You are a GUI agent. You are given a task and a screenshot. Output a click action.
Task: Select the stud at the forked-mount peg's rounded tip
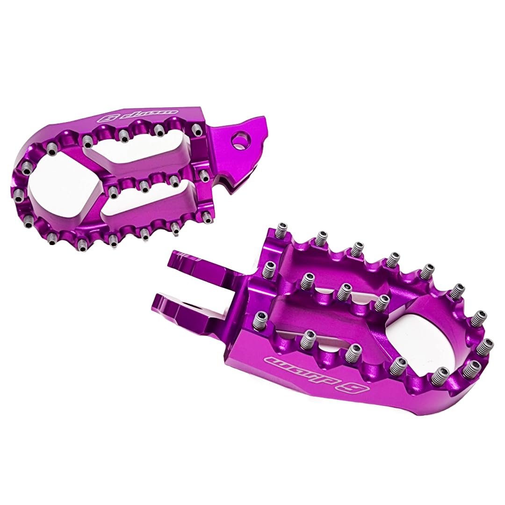[486, 346]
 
